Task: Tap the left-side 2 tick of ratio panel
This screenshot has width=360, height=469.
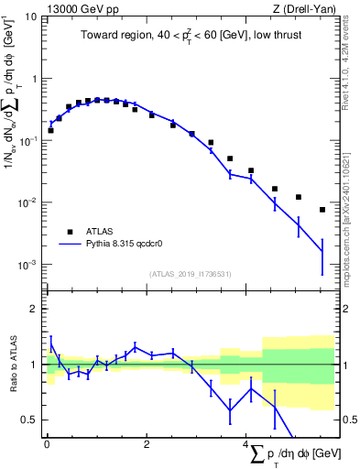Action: coord(34,309)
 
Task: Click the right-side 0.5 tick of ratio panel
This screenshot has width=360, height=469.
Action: coord(349,420)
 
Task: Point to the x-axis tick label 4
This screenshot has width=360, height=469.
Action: coord(245,445)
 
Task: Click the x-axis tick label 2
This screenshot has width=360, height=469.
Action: coord(146,445)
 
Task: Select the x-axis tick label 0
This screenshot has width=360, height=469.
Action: coord(46,445)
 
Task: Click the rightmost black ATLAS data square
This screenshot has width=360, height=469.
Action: coord(322,210)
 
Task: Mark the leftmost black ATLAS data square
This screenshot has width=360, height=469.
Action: coord(50,130)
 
